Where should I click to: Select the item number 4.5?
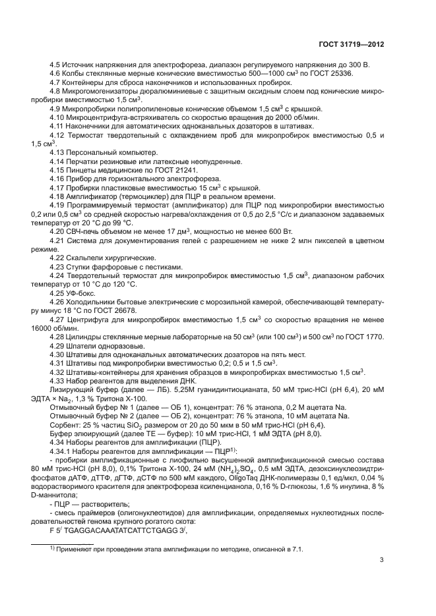pyautogui.click(x=57, y=65)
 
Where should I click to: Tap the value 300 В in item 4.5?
pyautogui.click(x=358, y=65)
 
